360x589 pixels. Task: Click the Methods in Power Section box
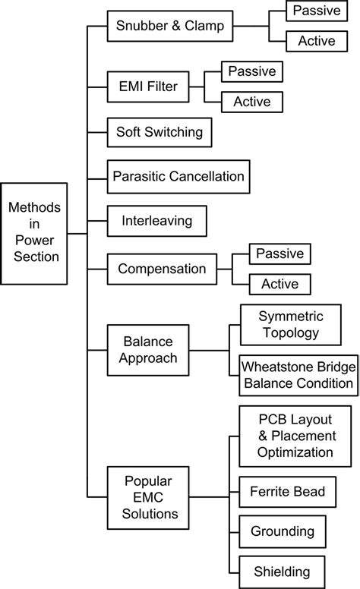pos(34,234)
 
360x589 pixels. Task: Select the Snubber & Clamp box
pos(170,26)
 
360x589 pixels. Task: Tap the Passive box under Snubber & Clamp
pos(317,11)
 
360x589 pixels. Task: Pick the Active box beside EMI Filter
pos(252,102)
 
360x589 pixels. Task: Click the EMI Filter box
pos(148,87)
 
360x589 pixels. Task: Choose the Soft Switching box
pos(159,132)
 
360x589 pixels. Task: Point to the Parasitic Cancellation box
pos(178,177)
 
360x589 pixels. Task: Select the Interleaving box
pos(156,221)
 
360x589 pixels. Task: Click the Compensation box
pos(162,269)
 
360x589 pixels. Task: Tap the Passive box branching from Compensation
pos(280,254)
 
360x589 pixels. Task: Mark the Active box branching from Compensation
pos(280,285)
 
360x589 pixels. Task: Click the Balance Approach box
pos(148,350)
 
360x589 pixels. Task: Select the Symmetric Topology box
pos(291,325)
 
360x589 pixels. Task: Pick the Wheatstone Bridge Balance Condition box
pos(298,375)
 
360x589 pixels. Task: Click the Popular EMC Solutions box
pos(148,498)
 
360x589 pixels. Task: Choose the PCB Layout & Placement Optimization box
pos(295,436)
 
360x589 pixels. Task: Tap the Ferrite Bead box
pos(288,492)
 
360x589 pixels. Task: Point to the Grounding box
pos(283,531)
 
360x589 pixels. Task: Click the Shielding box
pos(282,572)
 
